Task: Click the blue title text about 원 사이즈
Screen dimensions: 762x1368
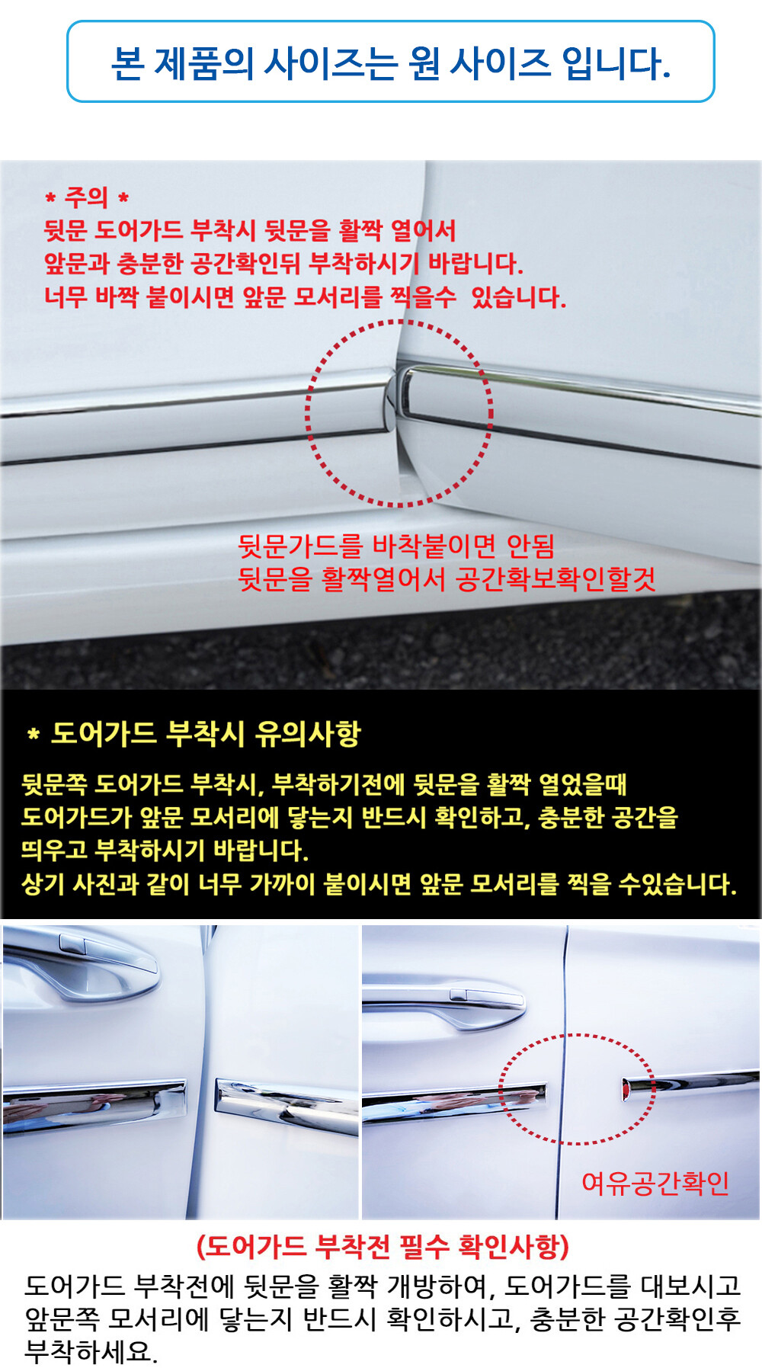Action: tap(390, 62)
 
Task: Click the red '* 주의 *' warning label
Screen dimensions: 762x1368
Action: tap(87, 197)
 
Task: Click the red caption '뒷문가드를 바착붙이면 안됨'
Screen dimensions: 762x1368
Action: tap(396, 546)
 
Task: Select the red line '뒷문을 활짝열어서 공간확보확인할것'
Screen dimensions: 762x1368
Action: tap(447, 579)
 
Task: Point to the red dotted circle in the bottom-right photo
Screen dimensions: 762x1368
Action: tap(501, 1090)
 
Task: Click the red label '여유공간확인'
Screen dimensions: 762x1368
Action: tap(655, 1183)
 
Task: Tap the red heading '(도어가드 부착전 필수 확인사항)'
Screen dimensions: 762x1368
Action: tap(383, 1247)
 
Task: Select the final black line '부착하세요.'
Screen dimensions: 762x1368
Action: tap(91, 1352)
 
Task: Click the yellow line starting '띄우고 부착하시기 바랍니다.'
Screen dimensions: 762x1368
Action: tap(165, 851)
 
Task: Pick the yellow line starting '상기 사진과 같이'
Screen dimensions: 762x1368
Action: tap(379, 884)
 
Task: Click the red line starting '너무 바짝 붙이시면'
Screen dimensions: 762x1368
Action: tap(305, 296)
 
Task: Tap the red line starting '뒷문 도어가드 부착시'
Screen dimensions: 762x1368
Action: tap(250, 230)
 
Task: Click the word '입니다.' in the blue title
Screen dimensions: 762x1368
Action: tap(616, 62)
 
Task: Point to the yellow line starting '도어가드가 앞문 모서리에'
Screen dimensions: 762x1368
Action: tap(350, 817)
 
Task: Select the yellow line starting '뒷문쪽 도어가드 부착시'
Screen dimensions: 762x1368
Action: tap(324, 783)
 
